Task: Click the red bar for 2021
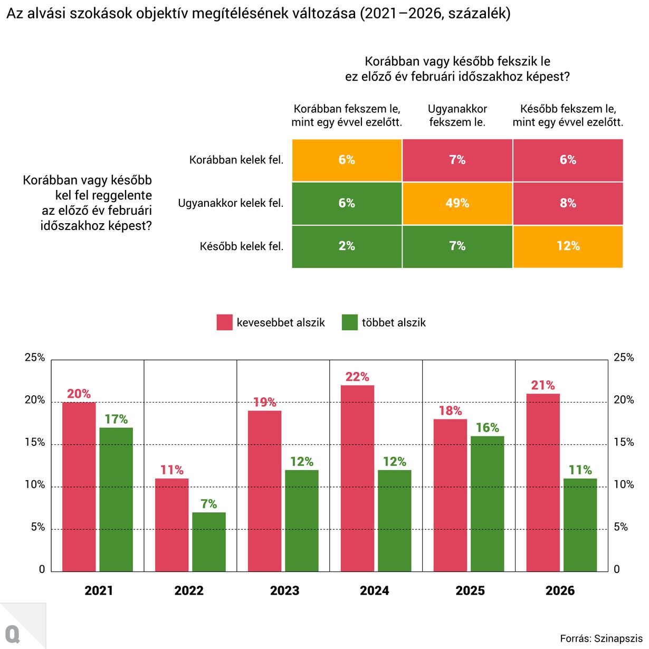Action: (x=79, y=486)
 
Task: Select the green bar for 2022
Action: (x=209, y=542)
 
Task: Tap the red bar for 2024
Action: (x=358, y=478)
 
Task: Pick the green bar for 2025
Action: (x=488, y=503)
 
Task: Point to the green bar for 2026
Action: (x=580, y=524)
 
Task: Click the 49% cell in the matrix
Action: (x=457, y=204)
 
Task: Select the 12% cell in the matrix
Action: (x=568, y=246)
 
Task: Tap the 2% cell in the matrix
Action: (x=347, y=246)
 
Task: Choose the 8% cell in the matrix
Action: (x=568, y=204)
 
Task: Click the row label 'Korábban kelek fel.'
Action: (x=236, y=160)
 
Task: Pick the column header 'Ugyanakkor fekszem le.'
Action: (x=457, y=116)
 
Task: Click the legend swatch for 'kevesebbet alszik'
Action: (x=225, y=322)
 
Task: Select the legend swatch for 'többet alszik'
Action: (x=350, y=322)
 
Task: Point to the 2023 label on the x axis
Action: (x=284, y=590)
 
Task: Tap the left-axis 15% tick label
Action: (x=35, y=443)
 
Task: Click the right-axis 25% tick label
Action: (x=624, y=358)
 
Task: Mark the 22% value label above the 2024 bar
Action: (x=357, y=377)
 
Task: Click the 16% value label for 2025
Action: (x=488, y=427)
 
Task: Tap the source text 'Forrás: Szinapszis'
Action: (x=601, y=638)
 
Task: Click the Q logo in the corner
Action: (x=13, y=634)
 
